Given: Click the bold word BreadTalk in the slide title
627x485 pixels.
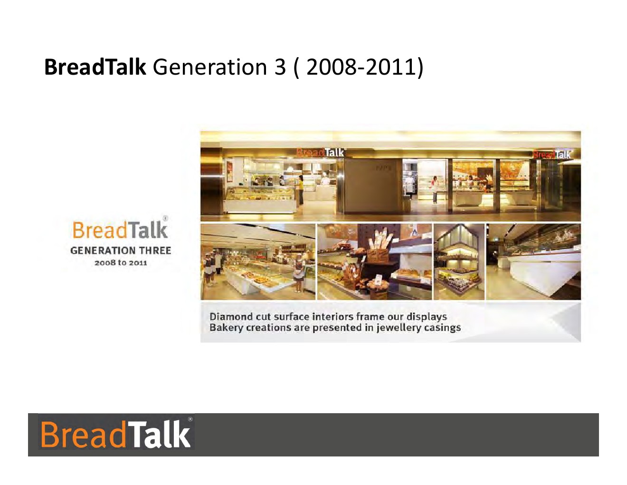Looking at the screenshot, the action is click(x=95, y=67).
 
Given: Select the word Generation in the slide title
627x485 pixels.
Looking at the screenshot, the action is click(x=210, y=67).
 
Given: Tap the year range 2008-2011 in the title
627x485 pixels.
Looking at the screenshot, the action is click(x=361, y=67).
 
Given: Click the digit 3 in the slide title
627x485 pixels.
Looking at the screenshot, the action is click(x=280, y=67).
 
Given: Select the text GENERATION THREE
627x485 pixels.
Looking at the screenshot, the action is click(x=121, y=251).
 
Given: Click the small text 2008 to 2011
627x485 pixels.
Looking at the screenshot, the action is click(x=121, y=263).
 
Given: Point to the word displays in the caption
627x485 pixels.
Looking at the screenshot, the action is click(x=427, y=317).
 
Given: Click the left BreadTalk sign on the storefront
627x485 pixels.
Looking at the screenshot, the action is click(x=320, y=152).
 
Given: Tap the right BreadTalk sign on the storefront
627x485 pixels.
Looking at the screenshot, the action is click(x=552, y=155).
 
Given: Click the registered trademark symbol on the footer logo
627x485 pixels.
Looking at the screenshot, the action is click(x=190, y=419).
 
